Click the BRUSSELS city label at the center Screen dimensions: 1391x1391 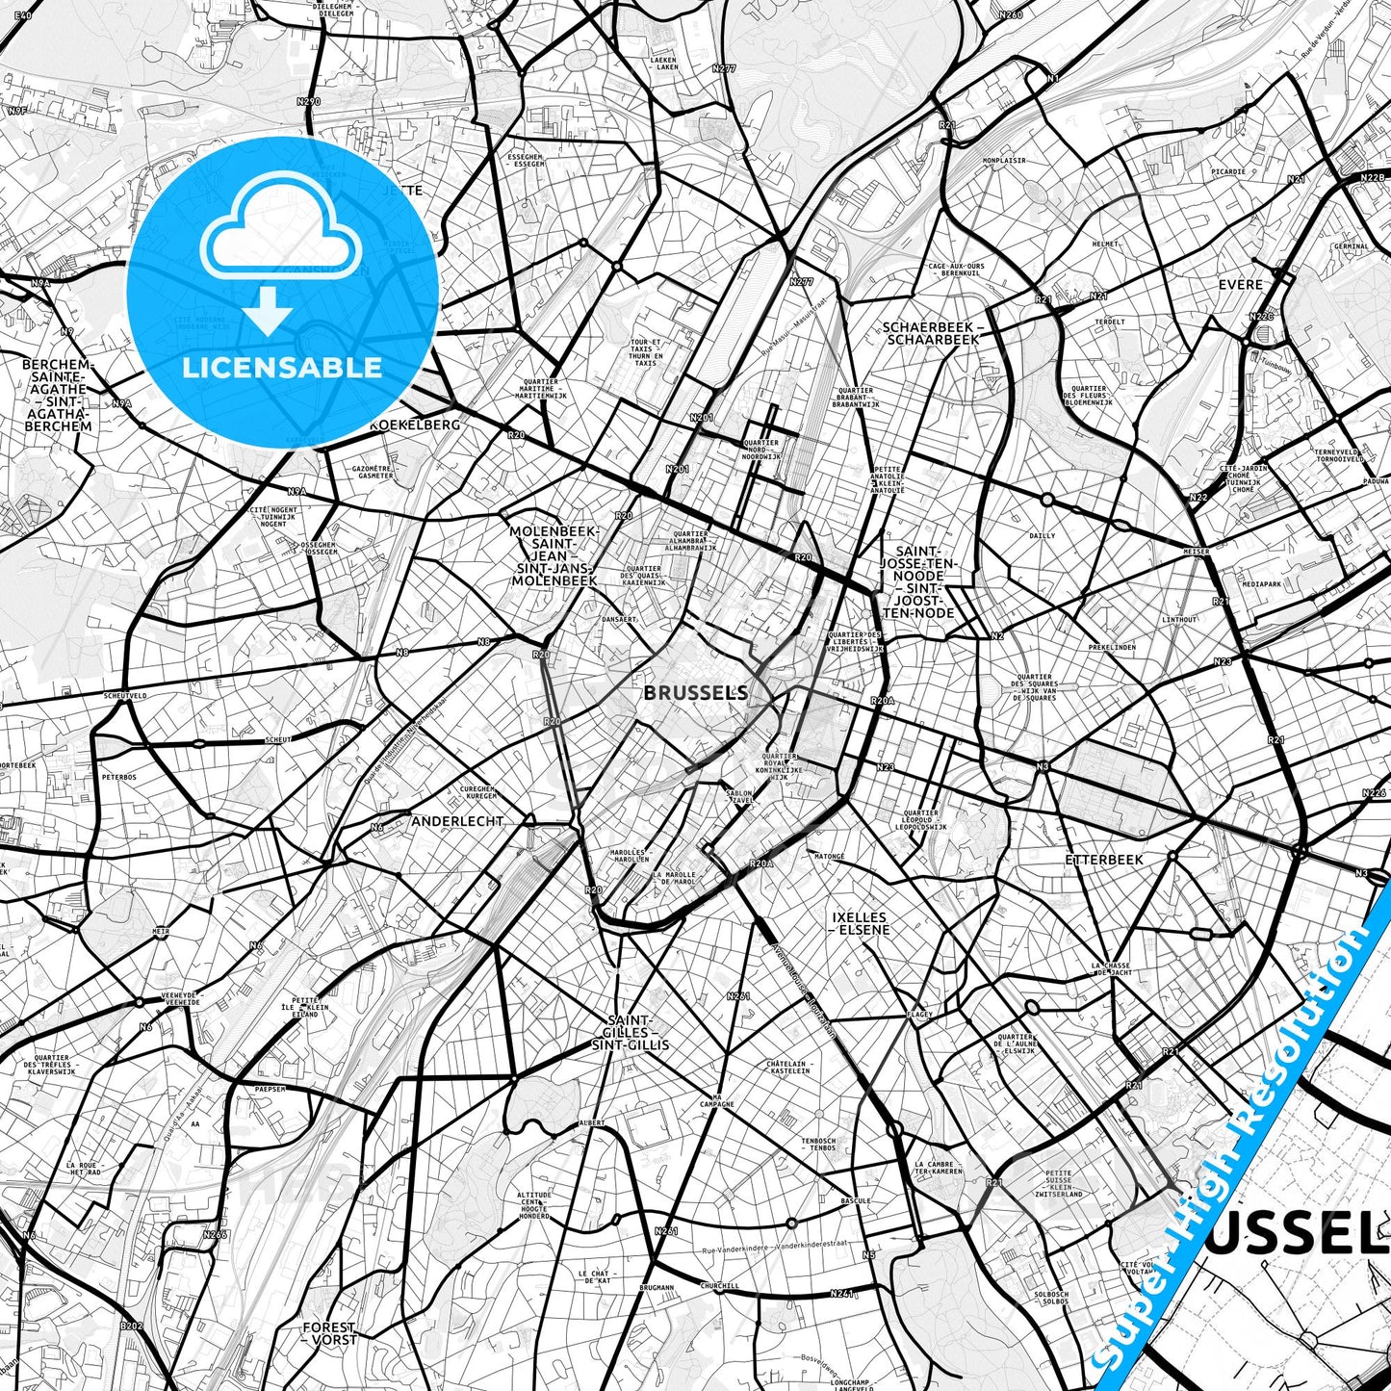pyautogui.click(x=695, y=692)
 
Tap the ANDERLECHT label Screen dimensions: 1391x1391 pyautogui.click(x=457, y=821)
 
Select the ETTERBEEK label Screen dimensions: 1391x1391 pyautogui.click(x=1104, y=860)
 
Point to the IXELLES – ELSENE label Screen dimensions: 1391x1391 pyautogui.click(x=861, y=924)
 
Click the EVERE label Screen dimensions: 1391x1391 pyautogui.click(x=1240, y=285)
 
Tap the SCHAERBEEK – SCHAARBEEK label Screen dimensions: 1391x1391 pyautogui.click(x=931, y=333)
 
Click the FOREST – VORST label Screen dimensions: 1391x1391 pyautogui.click(x=328, y=1333)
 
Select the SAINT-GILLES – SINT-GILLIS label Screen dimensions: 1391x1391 pyautogui.click(x=631, y=1032)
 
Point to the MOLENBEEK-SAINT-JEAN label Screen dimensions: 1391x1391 pyautogui.click(x=554, y=555)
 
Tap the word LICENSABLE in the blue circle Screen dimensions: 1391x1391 pyautogui.click(x=282, y=367)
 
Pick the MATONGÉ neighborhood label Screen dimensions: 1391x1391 pyautogui.click(x=829, y=856)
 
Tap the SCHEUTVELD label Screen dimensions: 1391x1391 pyautogui.click(x=126, y=695)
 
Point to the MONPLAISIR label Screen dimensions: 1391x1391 pyautogui.click(x=1004, y=161)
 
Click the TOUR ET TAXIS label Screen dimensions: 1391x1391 pyautogui.click(x=644, y=352)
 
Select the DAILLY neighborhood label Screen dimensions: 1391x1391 pyautogui.click(x=1043, y=535)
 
